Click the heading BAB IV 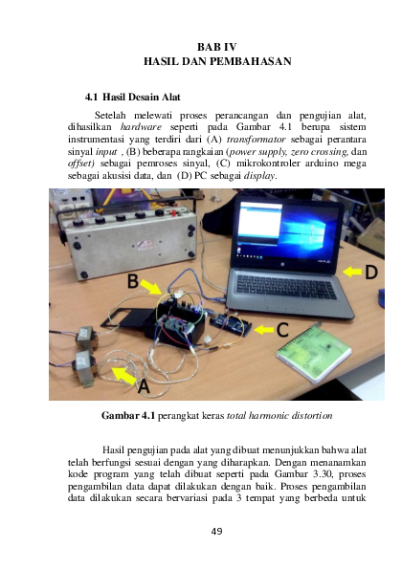point(215,46)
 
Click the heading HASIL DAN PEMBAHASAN point(215,60)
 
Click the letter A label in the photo point(144,387)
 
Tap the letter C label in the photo point(283,332)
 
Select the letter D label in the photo point(371,273)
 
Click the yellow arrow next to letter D point(349,273)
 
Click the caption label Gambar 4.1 point(127,416)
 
